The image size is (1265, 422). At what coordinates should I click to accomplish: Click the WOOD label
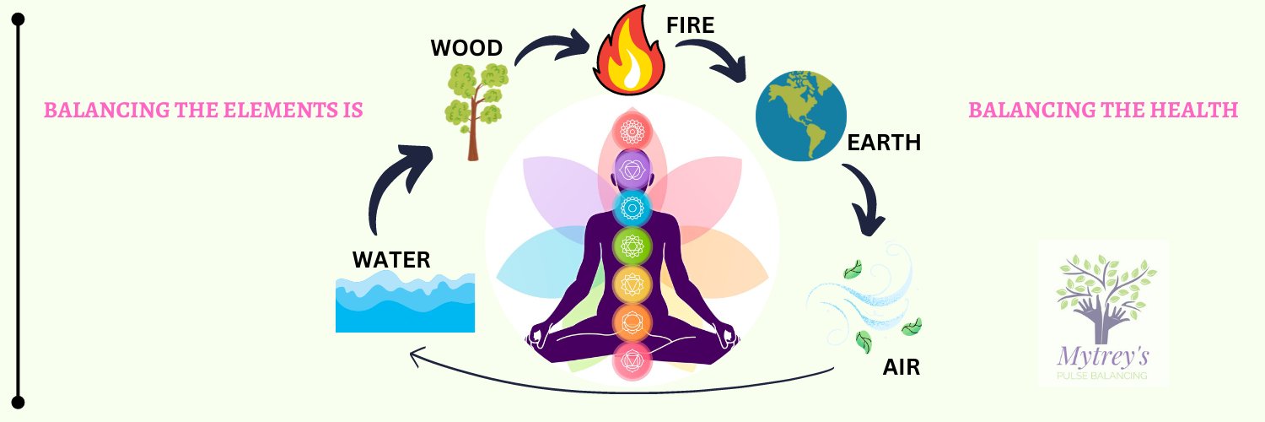point(467,48)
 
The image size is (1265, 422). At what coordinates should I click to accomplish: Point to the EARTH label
point(884,143)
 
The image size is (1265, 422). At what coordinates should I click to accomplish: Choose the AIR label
point(901,368)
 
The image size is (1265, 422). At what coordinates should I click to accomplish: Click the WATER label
point(391,259)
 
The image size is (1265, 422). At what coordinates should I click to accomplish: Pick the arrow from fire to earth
point(717,59)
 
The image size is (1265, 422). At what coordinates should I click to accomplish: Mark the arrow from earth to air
point(864,199)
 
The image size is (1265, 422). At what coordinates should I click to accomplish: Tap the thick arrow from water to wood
point(396,181)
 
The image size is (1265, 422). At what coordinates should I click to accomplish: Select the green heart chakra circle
point(632,246)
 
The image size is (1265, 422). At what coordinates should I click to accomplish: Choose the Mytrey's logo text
point(1102,355)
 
